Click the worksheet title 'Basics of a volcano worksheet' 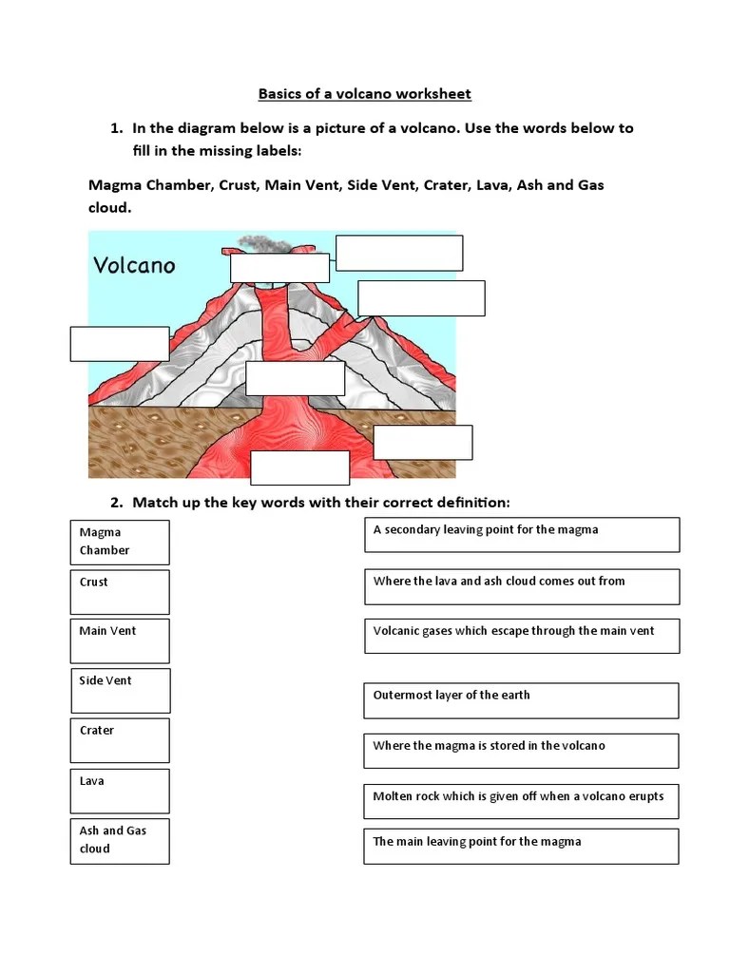tap(365, 94)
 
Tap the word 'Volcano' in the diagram tap(134, 265)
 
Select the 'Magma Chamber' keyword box tap(120, 542)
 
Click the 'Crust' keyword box tap(120, 591)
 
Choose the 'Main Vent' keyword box tap(120, 640)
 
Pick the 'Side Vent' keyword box tap(121, 690)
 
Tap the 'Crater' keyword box tap(120, 740)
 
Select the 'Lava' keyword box tap(120, 791)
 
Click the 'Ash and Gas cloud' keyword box tap(120, 840)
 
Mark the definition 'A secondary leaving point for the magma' tap(522, 534)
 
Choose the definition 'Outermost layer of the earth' tap(521, 700)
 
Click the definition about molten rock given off tap(521, 801)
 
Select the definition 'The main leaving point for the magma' tap(521, 846)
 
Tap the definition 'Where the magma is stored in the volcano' tap(521, 751)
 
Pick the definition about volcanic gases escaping tap(521, 636)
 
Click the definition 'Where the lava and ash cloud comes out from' tap(522, 586)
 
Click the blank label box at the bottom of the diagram tap(299, 467)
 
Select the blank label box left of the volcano tap(120, 344)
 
